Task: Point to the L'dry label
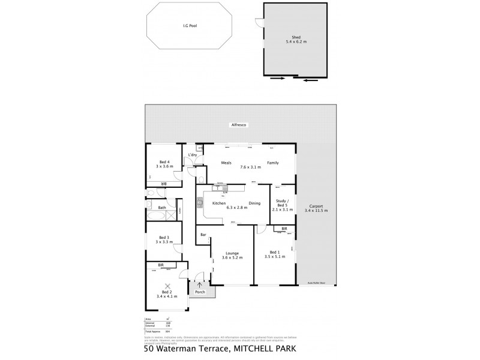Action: [192, 155]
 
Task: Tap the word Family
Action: [273, 163]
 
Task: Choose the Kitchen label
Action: [219, 203]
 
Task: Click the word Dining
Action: [254, 203]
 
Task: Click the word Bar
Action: [203, 234]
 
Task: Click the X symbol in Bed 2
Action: [168, 286]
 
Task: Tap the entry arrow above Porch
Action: [200, 284]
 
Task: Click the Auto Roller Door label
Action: [316, 282]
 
